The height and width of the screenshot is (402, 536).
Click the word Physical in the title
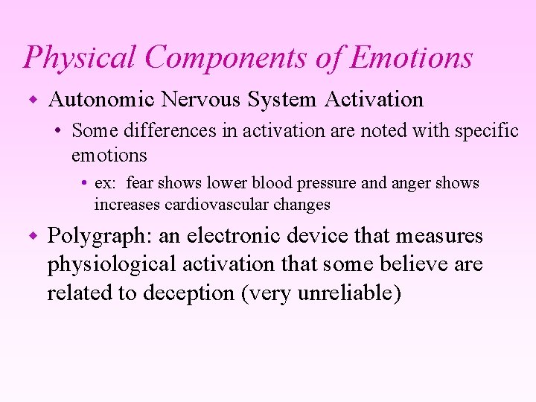pos(68,58)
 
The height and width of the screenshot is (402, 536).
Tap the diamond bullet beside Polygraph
pos(32,236)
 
